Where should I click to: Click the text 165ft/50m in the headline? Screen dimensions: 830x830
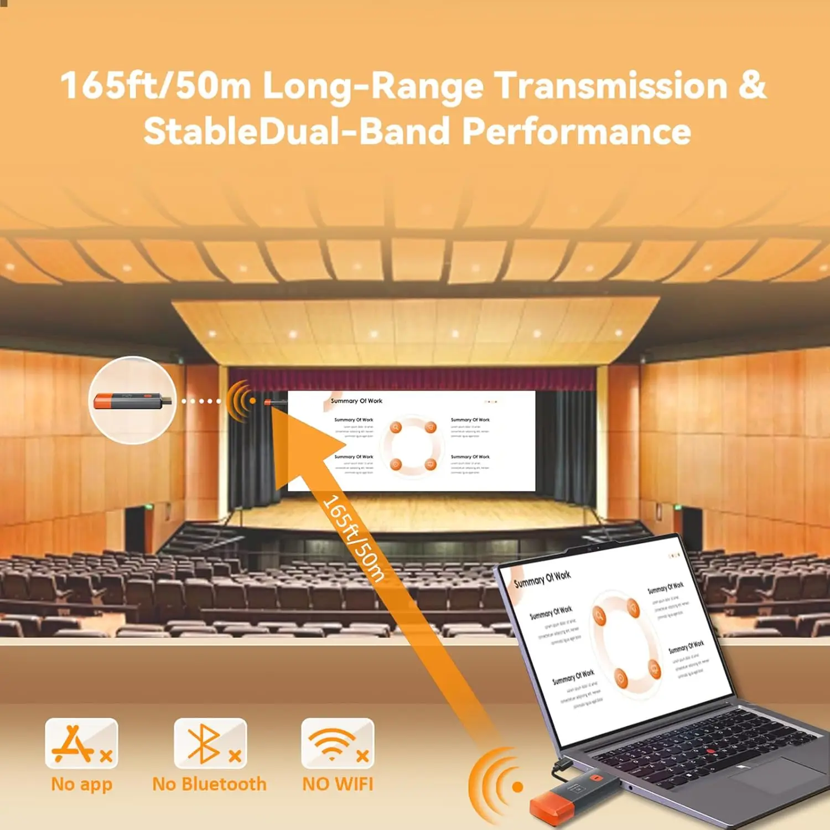tap(155, 86)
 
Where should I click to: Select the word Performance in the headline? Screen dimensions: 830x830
tap(576, 132)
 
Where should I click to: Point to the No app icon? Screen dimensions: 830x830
tap(81, 743)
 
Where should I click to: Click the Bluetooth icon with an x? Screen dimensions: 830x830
tap(210, 743)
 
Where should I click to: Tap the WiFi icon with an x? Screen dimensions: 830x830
tap(338, 743)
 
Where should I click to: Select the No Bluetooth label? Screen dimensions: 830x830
tap(209, 784)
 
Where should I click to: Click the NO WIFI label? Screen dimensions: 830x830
tap(338, 784)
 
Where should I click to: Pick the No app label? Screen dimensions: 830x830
tap(81, 784)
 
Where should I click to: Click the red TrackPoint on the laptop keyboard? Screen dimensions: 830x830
tap(710, 751)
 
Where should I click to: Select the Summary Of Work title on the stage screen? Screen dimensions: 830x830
tap(356, 401)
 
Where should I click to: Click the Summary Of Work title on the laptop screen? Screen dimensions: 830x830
tap(542, 579)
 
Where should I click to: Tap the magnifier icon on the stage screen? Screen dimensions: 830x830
tap(396, 427)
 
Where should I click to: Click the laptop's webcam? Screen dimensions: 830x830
tap(590, 548)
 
